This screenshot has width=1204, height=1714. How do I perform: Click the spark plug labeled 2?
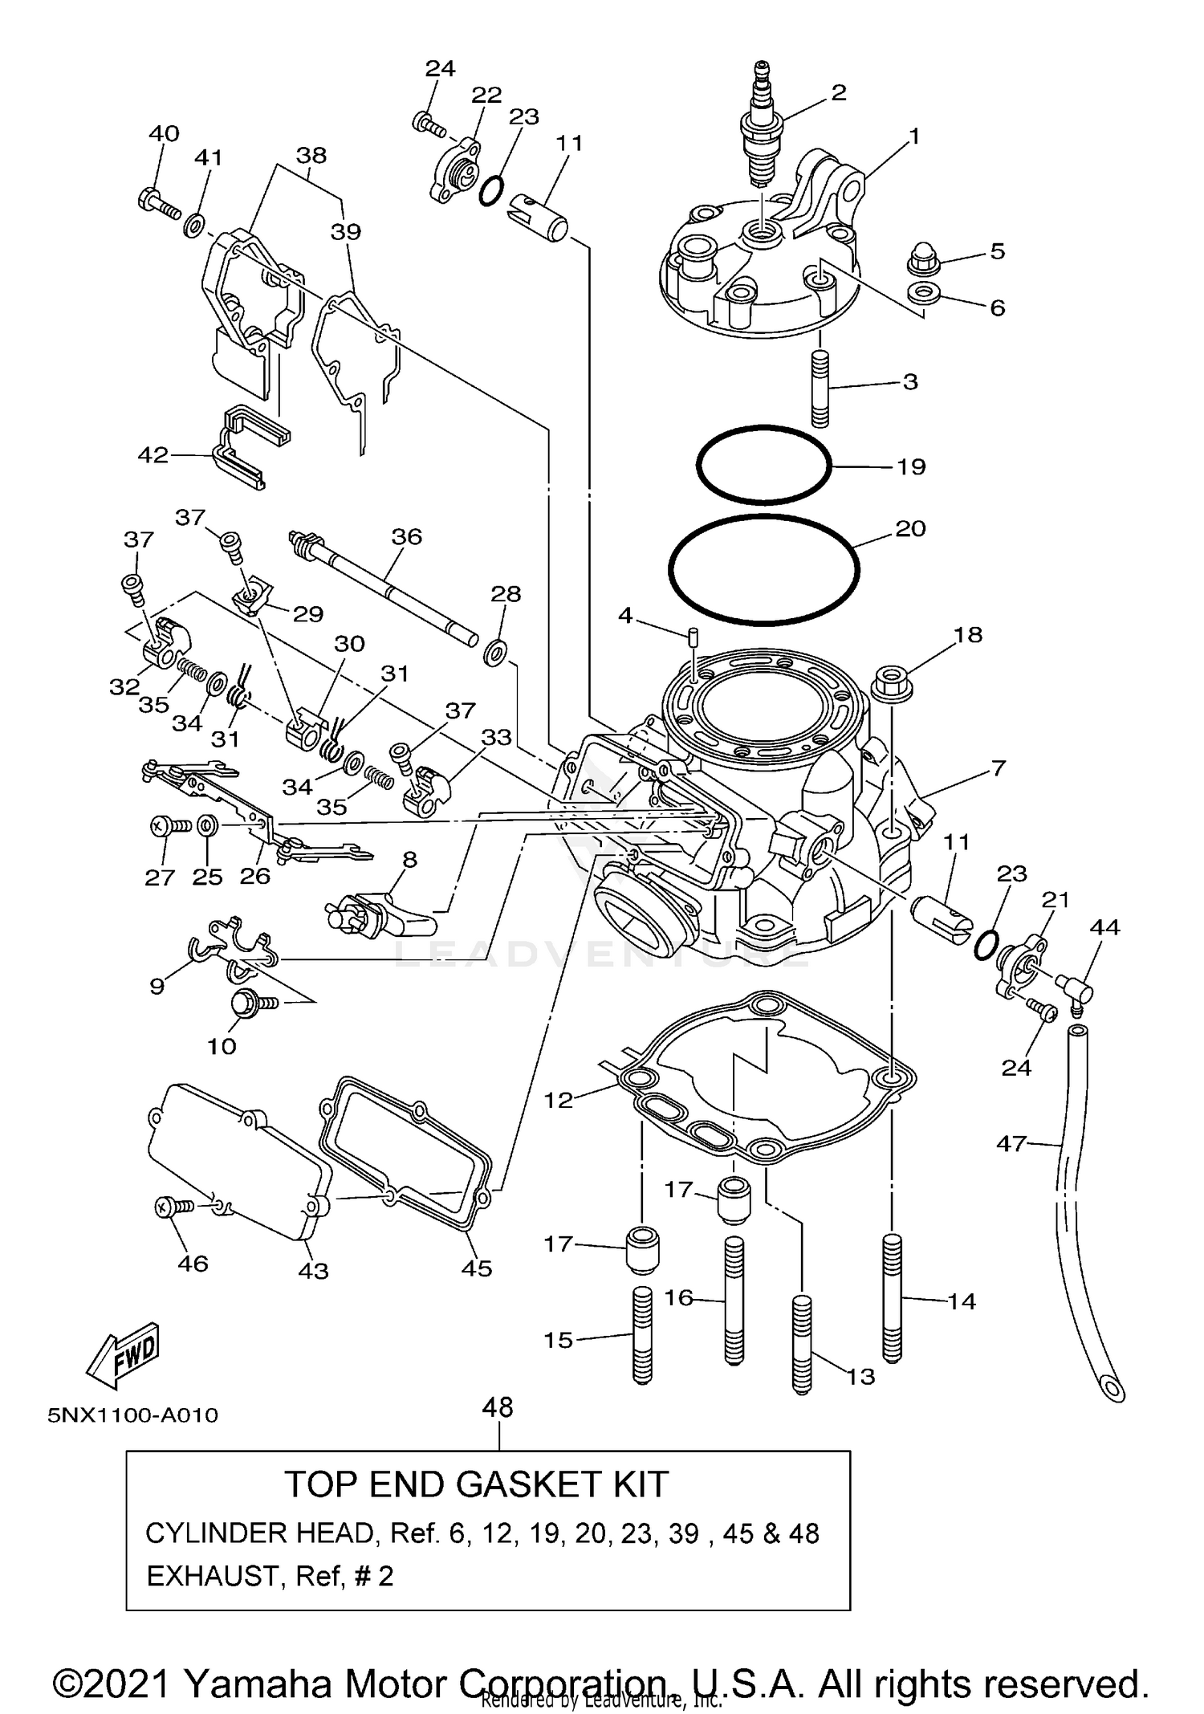[x=762, y=128]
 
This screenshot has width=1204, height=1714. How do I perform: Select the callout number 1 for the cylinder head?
[x=913, y=136]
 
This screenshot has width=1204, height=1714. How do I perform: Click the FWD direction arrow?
[x=124, y=1356]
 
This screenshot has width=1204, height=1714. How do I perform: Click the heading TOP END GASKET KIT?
[x=476, y=1484]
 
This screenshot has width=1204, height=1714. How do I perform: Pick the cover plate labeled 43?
[x=241, y=1164]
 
